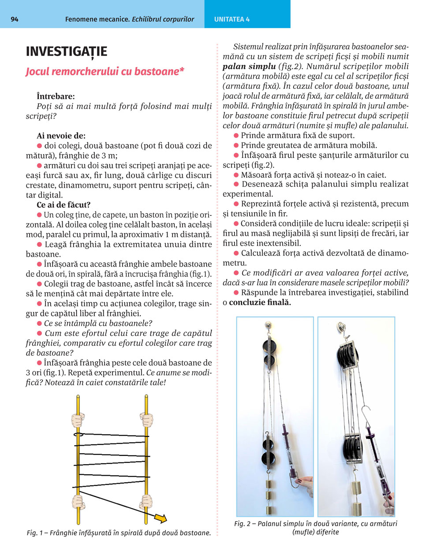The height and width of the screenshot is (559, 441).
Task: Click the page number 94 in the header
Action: (x=14, y=19)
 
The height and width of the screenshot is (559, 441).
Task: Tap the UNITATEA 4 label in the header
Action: (x=232, y=19)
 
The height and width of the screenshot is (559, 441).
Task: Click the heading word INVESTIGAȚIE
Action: (x=66, y=52)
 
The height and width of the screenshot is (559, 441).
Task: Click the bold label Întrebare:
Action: (x=56, y=96)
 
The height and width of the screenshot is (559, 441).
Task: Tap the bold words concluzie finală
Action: (x=260, y=302)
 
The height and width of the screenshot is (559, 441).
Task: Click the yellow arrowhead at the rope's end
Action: (x=161, y=518)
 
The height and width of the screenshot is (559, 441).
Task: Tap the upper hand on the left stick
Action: (x=78, y=419)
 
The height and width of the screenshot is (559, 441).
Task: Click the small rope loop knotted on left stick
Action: (x=78, y=435)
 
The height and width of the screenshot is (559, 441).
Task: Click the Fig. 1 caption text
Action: (x=119, y=533)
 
